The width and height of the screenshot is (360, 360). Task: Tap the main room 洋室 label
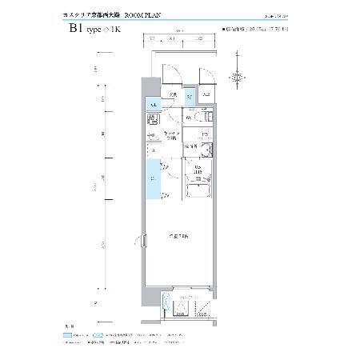tap(178, 238)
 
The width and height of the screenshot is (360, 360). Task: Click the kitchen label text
tap(170, 134)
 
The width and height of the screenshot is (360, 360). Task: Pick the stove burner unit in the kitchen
tap(152, 121)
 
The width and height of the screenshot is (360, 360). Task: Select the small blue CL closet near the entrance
tap(151, 104)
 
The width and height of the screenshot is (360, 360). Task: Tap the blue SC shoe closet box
tap(189, 98)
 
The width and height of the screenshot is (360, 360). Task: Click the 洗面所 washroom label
tap(191, 147)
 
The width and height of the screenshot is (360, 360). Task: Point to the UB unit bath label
tap(196, 169)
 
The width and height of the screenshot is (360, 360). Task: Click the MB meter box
tap(206, 97)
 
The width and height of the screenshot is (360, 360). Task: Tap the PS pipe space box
tap(205, 134)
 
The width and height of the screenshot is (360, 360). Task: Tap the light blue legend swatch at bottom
tap(97, 337)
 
